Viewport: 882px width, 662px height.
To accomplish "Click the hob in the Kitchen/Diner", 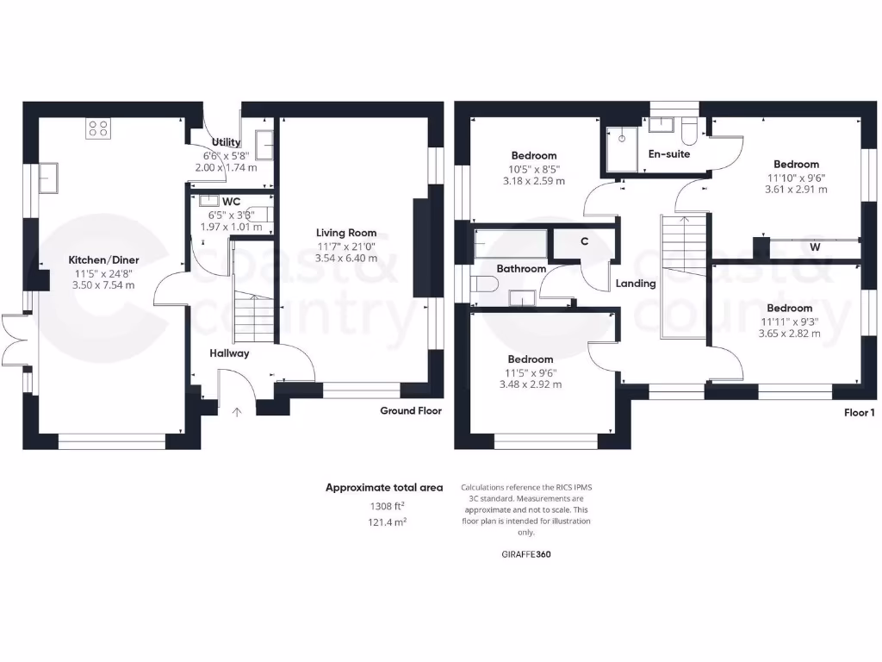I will click(97, 128).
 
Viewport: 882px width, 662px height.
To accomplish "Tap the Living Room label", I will click(346, 233).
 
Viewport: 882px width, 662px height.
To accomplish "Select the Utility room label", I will click(226, 142).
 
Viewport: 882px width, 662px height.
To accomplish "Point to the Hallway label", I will click(229, 353).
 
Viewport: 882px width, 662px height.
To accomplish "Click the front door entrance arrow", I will click(237, 412).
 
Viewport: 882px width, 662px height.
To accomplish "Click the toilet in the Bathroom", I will click(484, 285).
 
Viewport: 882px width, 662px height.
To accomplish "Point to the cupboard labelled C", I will click(584, 241).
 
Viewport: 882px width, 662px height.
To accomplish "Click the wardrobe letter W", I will click(814, 247).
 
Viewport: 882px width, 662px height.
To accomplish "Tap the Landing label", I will click(636, 284).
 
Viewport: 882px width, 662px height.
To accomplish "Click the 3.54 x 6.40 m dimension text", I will click(346, 258).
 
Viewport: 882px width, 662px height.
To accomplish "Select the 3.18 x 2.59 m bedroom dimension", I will click(534, 182).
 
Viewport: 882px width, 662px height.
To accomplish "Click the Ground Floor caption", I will click(411, 411).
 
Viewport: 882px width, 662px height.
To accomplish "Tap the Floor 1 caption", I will click(859, 413).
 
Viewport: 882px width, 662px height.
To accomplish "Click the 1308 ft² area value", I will click(383, 506).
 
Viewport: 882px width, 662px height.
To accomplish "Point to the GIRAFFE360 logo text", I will click(526, 554).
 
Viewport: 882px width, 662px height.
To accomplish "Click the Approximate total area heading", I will click(384, 488).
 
